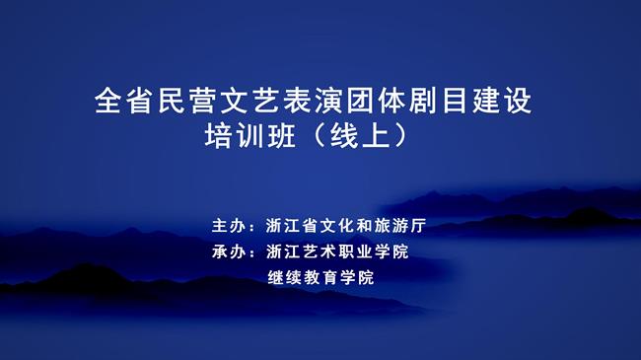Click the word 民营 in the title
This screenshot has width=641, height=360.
[x=188, y=102]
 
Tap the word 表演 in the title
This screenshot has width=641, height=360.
[x=313, y=102]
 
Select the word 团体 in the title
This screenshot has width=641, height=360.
[x=376, y=102]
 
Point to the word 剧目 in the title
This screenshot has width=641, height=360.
[x=439, y=102]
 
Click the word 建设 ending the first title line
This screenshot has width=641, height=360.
[x=502, y=102]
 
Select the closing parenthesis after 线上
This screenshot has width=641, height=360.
[x=396, y=137]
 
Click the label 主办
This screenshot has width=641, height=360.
[x=229, y=225]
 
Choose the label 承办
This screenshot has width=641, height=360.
[x=229, y=252]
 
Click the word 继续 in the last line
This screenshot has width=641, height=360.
[x=284, y=278]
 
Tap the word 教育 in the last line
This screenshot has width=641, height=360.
[x=320, y=278]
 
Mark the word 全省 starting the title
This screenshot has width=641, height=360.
[x=125, y=102]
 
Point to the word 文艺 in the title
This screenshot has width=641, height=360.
[x=249, y=102]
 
